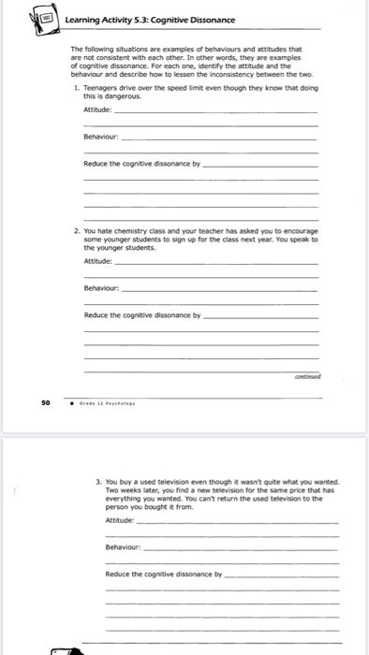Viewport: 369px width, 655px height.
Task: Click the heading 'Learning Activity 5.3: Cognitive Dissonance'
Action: click(150, 20)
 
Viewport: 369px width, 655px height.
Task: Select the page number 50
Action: click(45, 404)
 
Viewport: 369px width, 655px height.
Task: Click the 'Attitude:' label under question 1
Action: click(97, 109)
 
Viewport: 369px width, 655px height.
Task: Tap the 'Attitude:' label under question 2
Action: click(97, 263)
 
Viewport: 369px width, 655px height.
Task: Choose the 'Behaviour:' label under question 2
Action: click(100, 288)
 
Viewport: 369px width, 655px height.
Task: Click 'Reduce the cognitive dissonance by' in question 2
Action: click(142, 315)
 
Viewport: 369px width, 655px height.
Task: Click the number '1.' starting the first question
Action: click(76, 86)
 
